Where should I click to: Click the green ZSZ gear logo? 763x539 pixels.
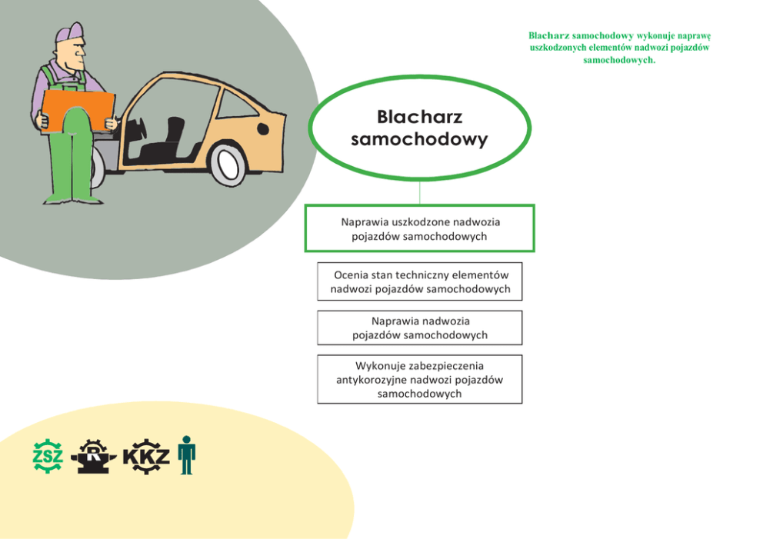[x=48, y=455]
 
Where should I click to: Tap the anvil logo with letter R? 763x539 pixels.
[x=94, y=456]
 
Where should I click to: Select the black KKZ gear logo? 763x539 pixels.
[x=145, y=456]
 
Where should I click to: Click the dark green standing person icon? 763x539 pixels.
[x=186, y=454]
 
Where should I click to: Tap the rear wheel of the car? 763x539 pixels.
[x=228, y=165]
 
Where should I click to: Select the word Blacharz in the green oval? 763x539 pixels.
[x=419, y=117]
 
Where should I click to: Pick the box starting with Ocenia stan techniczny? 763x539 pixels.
[x=420, y=281]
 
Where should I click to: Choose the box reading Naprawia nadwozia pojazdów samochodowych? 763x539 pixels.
[x=420, y=328]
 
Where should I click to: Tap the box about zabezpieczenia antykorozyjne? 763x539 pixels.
[x=420, y=379]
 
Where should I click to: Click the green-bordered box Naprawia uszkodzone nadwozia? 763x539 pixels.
[x=420, y=228]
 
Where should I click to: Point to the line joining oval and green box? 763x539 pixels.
[x=420, y=192]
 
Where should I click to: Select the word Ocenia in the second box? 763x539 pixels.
[x=351, y=274]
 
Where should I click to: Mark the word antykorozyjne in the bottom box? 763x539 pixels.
[x=371, y=379]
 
